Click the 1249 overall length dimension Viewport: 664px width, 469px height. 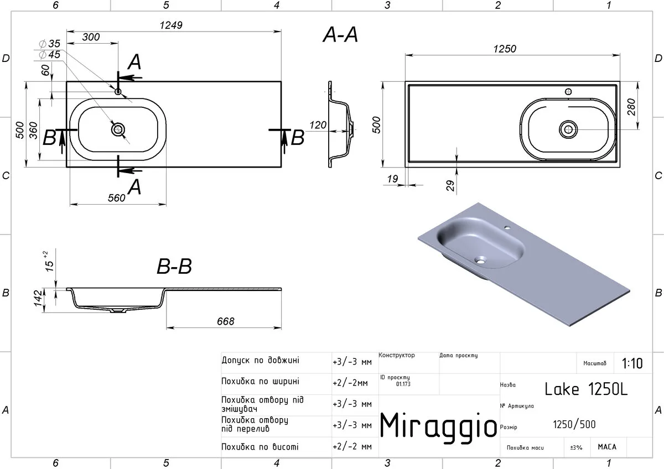171,25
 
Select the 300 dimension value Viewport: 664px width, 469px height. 91,37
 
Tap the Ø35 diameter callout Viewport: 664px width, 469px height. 50,44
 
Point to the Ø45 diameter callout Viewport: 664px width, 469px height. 50,55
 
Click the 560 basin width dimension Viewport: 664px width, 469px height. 117,198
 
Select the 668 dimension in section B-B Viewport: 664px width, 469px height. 226,321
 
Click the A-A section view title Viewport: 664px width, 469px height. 340,35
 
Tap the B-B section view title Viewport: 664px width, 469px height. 174,266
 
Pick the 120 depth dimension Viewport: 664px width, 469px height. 318,125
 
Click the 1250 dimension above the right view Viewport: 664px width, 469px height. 505,49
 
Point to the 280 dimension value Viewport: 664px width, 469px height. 632,107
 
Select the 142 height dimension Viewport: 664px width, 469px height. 38,298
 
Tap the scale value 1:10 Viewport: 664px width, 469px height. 632,363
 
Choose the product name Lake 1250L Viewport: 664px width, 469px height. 586,389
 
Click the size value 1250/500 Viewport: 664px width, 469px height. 574,425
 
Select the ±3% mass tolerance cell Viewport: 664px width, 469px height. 576,447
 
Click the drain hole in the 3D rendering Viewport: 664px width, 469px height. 480,260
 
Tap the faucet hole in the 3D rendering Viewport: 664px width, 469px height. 507,228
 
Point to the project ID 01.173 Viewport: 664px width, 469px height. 403,384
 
